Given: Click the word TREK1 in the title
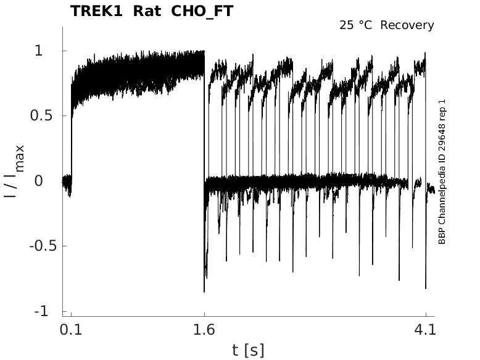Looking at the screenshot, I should click(96, 11).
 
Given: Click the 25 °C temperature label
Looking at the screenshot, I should click(357, 25).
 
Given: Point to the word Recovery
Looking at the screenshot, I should click(407, 25).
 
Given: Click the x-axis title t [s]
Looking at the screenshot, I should click(248, 350).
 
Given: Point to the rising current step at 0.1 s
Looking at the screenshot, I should click(72, 123).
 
